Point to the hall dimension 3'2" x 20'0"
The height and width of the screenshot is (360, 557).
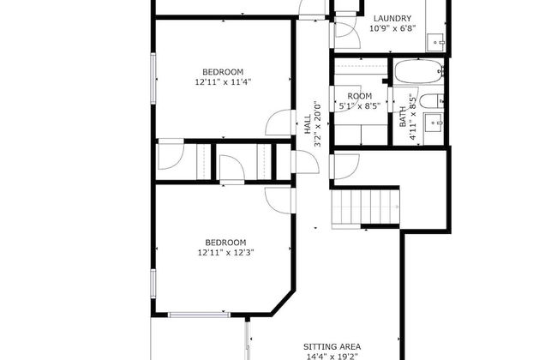point(318,124)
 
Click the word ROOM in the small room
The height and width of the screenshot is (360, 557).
point(359,96)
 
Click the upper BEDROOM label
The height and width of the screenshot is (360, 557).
point(223,71)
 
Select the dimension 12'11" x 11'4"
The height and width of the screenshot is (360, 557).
point(223,82)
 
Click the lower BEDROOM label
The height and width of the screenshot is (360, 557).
point(225,242)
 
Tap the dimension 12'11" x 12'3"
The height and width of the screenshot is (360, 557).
point(225,253)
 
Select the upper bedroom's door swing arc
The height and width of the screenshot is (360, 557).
point(279,124)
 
